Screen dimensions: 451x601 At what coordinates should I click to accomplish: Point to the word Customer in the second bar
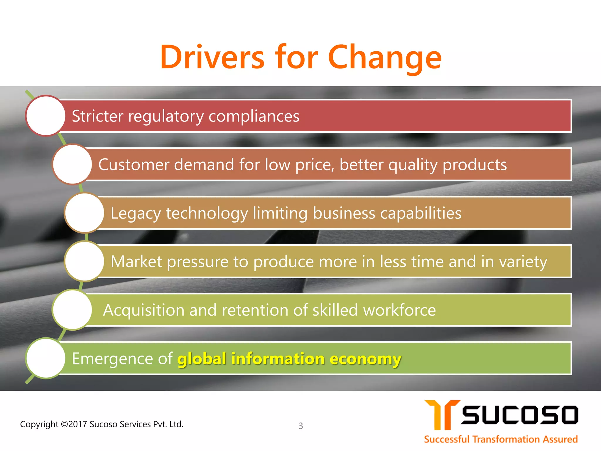134,164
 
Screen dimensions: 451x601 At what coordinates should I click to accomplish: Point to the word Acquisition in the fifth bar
144,310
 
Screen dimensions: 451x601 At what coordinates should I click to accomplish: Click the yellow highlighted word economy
365,359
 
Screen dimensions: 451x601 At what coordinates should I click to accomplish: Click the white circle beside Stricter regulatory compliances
45,116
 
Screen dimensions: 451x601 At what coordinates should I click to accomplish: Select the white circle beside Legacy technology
84,213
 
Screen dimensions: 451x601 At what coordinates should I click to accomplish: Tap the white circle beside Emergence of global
45,358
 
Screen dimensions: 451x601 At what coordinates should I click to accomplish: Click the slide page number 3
300,426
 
